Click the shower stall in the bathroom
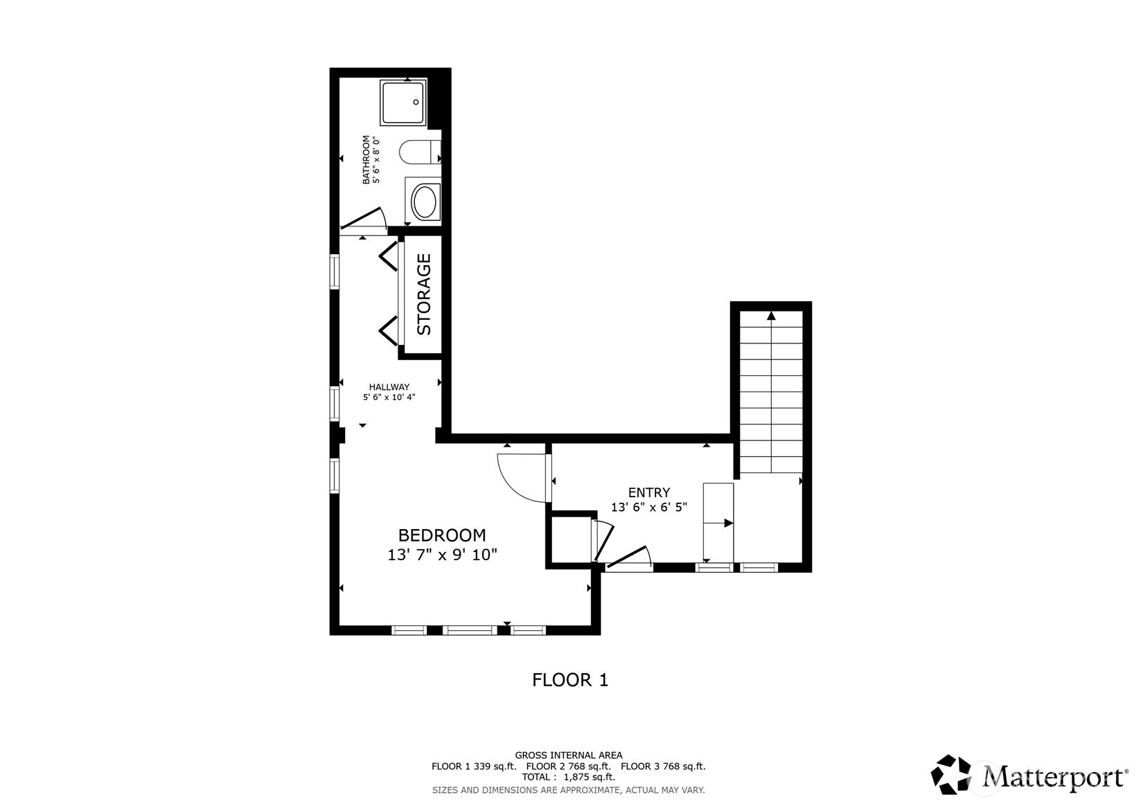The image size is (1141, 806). (x=403, y=102)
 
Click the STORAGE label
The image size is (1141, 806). (x=423, y=294)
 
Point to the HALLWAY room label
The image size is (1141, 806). (x=389, y=387)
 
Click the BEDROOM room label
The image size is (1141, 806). (x=442, y=535)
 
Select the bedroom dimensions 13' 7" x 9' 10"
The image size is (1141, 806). (x=442, y=555)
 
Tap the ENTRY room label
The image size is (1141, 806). (x=648, y=492)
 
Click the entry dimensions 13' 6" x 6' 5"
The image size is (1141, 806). (x=648, y=507)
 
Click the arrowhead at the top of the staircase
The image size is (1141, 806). (x=771, y=316)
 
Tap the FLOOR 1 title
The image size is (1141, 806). (x=569, y=680)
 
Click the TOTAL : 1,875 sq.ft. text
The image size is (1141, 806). (x=568, y=777)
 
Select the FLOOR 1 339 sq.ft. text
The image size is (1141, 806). (x=474, y=767)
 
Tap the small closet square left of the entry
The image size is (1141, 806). (x=570, y=540)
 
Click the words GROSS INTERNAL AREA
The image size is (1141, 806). (x=568, y=755)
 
